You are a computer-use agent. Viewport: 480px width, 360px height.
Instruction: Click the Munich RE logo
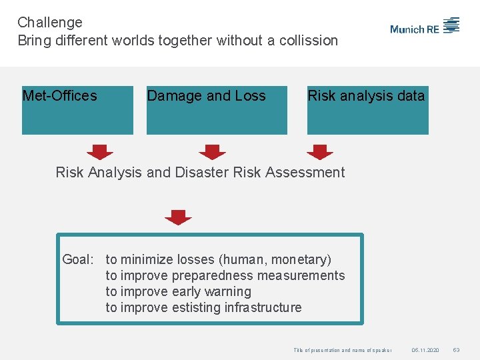pyautogui.click(x=425, y=27)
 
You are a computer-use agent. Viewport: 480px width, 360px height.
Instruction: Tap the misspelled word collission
pyautogui.click(x=308, y=41)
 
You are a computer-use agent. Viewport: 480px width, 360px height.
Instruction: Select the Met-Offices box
pyautogui.click(x=77, y=110)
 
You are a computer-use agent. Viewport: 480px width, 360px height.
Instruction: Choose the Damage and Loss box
pyautogui.click(x=217, y=110)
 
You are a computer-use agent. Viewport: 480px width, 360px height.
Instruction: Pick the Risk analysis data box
pyautogui.click(x=367, y=110)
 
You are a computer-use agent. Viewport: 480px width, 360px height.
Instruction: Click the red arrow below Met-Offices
pyautogui.click(x=100, y=151)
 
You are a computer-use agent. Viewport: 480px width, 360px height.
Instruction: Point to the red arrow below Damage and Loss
pyautogui.click(x=212, y=151)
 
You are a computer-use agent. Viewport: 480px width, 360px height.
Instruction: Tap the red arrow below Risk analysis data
pyautogui.click(x=319, y=151)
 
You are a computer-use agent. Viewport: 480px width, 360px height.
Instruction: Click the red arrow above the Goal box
pyautogui.click(x=178, y=217)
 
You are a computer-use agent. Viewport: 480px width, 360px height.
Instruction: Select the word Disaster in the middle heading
pyautogui.click(x=202, y=173)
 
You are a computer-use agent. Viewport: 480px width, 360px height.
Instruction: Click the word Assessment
pyautogui.click(x=305, y=173)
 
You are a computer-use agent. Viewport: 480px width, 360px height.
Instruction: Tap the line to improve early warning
pyautogui.click(x=178, y=291)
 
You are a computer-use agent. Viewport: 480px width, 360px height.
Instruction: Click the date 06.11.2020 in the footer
pyautogui.click(x=425, y=350)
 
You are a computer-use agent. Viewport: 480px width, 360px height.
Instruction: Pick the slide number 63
pyautogui.click(x=457, y=350)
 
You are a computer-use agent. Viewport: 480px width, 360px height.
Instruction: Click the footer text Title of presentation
pyautogui.click(x=317, y=350)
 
